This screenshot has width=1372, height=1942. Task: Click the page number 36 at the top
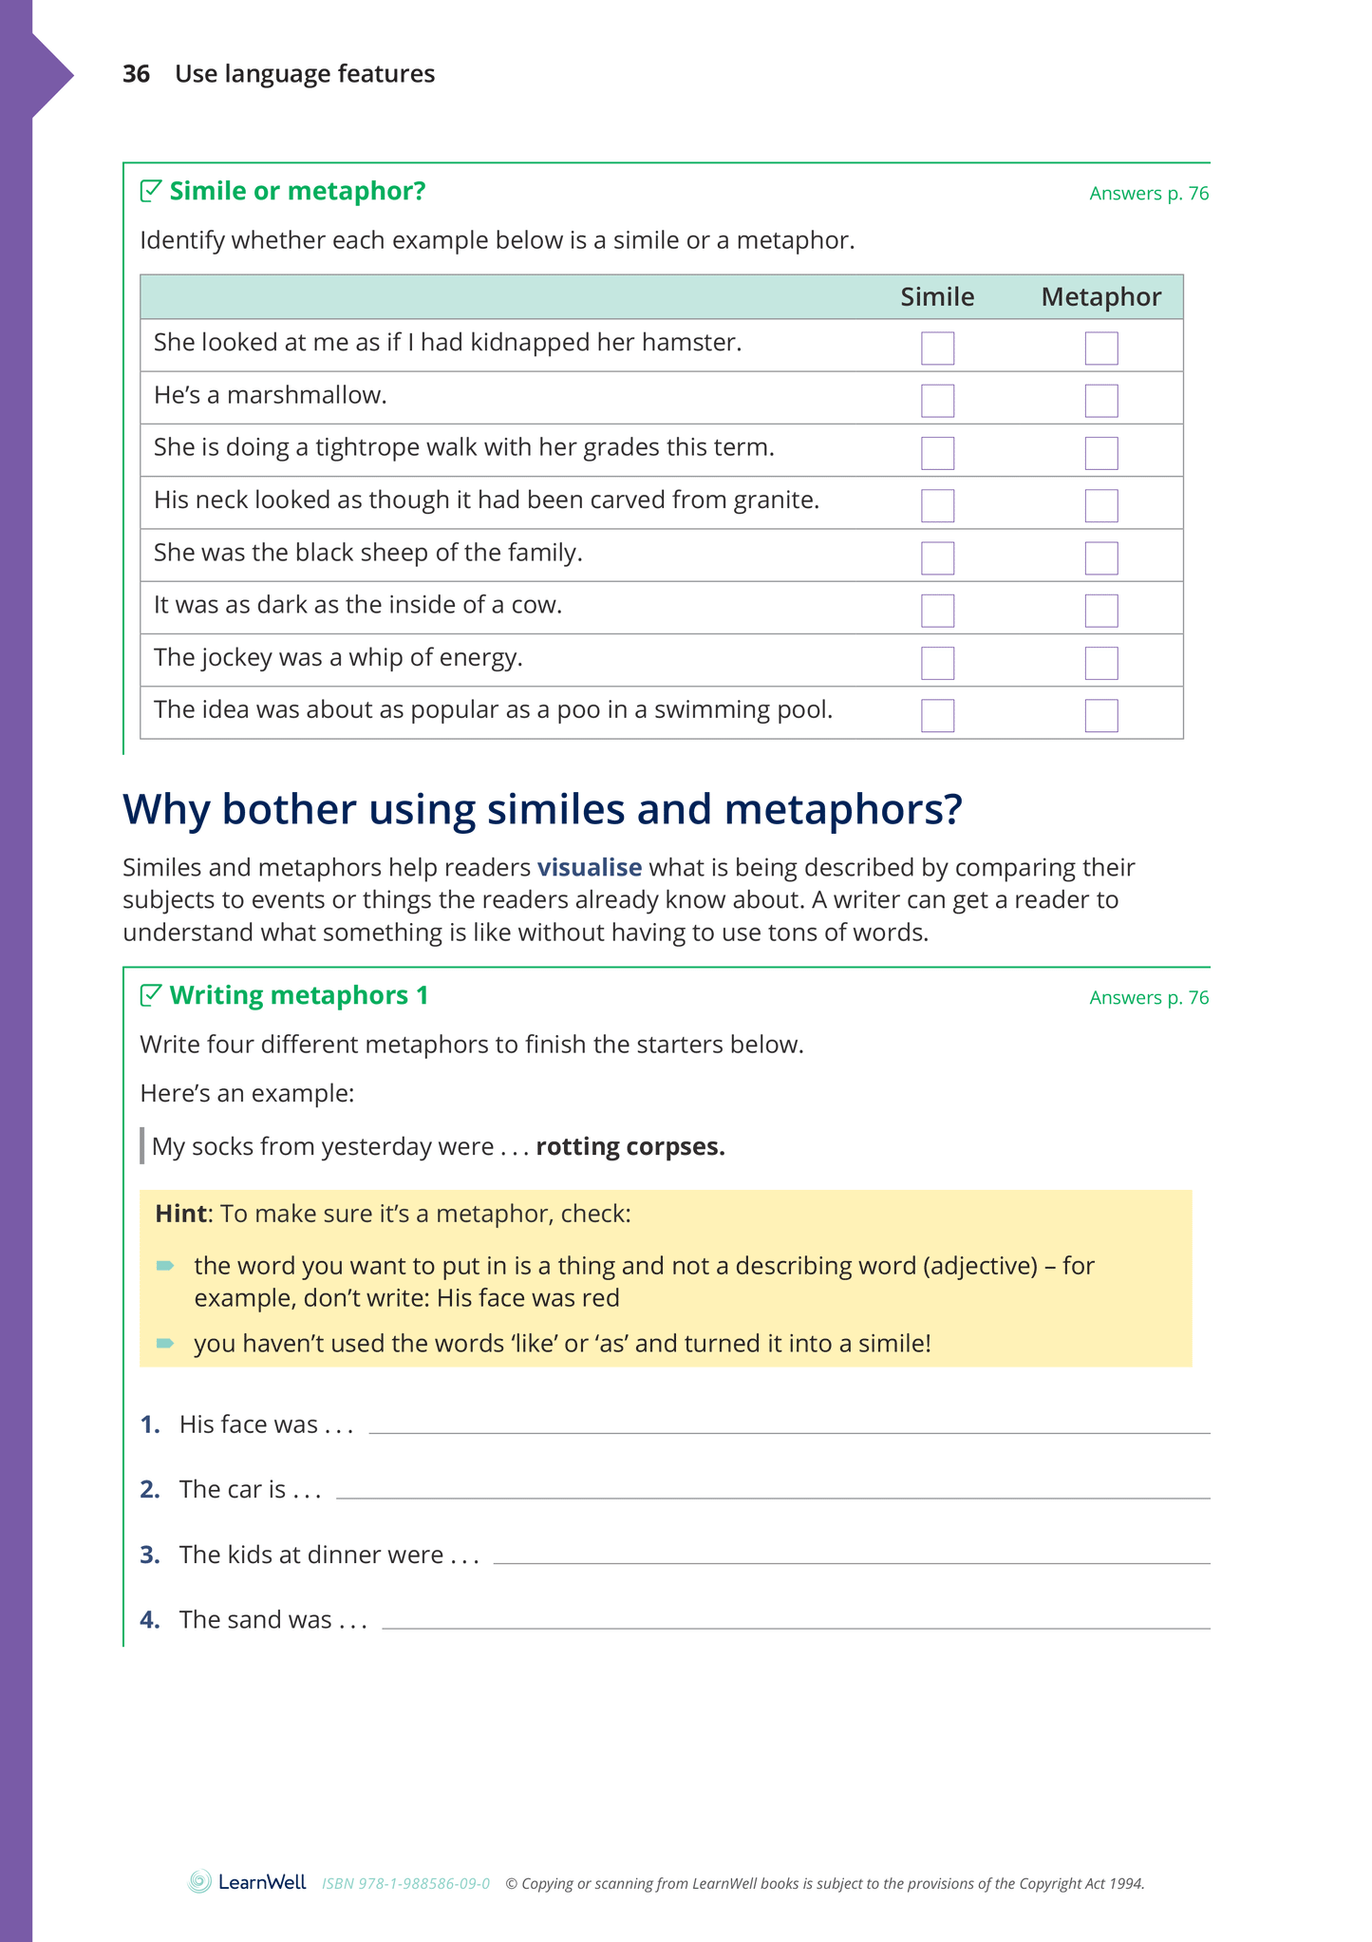136,74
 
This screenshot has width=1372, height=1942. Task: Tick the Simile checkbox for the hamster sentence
937,349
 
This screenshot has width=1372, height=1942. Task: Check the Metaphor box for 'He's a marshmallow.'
1101,401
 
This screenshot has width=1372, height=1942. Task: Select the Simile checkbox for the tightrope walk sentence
937,453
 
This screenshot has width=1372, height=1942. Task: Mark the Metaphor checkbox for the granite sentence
1101,505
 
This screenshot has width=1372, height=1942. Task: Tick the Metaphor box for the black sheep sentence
1101,558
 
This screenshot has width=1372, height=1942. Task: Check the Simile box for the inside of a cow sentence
937,611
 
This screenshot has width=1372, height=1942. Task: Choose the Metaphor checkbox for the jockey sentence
1101,663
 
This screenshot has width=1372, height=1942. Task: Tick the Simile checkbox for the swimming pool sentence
937,715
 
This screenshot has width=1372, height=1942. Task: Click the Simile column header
937,297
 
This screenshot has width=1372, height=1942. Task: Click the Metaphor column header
1100,297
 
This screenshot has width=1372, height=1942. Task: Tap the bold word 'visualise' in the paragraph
589,868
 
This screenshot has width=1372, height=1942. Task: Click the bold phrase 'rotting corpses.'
630,1147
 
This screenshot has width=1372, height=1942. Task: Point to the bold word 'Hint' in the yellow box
180,1215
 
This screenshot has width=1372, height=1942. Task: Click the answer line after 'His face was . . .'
788,1424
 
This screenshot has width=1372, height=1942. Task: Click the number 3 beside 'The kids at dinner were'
149,1555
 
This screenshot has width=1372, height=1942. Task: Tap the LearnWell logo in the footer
247,1882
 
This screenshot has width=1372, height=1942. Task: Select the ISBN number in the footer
405,1884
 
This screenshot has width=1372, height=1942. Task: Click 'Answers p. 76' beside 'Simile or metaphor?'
1149,194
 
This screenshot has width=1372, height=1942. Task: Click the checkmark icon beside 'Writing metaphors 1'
150,995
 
